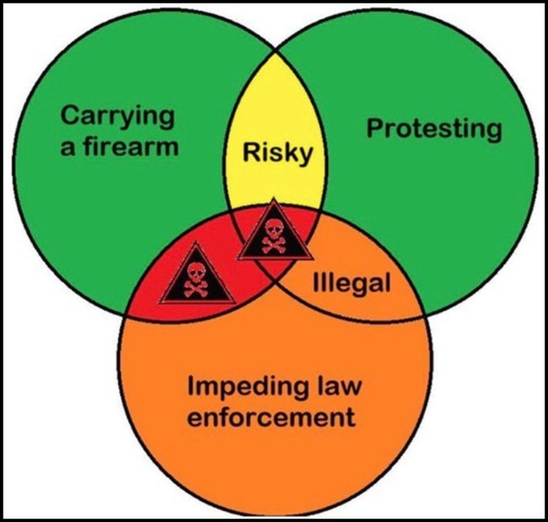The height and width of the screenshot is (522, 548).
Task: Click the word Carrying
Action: (x=120, y=115)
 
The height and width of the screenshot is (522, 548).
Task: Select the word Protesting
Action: (x=433, y=129)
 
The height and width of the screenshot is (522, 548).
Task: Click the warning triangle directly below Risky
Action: (x=275, y=231)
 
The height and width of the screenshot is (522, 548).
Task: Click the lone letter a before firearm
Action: (x=69, y=147)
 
